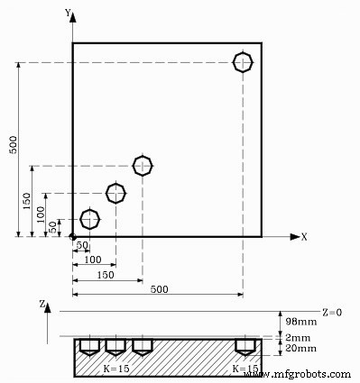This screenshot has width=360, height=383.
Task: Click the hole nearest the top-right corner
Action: coord(243,62)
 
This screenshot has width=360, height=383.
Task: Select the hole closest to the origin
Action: coord(89,219)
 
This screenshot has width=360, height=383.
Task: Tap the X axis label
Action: coord(304,237)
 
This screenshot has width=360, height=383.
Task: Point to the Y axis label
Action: coord(69,13)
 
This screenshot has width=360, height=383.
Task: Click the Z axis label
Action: coord(42,305)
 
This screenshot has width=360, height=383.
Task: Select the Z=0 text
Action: coord(332,312)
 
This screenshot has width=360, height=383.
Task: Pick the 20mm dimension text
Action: coord(300,348)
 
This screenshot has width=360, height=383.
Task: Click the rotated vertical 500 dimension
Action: coord(13,145)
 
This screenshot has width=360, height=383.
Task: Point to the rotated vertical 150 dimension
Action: coord(27,199)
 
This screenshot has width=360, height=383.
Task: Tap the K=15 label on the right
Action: coord(245,369)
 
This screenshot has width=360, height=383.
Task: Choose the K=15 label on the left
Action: coord(115,369)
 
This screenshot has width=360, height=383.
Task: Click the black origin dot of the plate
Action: coord(72,236)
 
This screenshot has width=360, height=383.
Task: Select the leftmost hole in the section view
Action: coord(89,345)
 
